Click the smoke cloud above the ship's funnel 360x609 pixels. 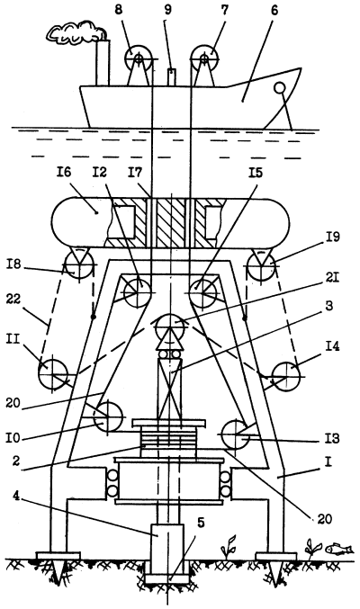click(76, 33)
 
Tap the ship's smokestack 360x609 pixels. click(103, 62)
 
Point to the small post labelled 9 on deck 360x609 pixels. click(172, 76)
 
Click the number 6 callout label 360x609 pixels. click(274, 10)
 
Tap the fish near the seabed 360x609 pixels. click(339, 549)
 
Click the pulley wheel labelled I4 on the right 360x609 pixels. click(286, 376)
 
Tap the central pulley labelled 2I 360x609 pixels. click(170, 327)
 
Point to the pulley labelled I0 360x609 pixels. click(108, 417)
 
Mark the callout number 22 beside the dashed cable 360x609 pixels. click(14, 300)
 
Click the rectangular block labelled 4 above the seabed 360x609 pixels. click(167, 542)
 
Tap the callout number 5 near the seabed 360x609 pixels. click(200, 523)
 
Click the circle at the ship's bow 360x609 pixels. click(279, 88)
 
